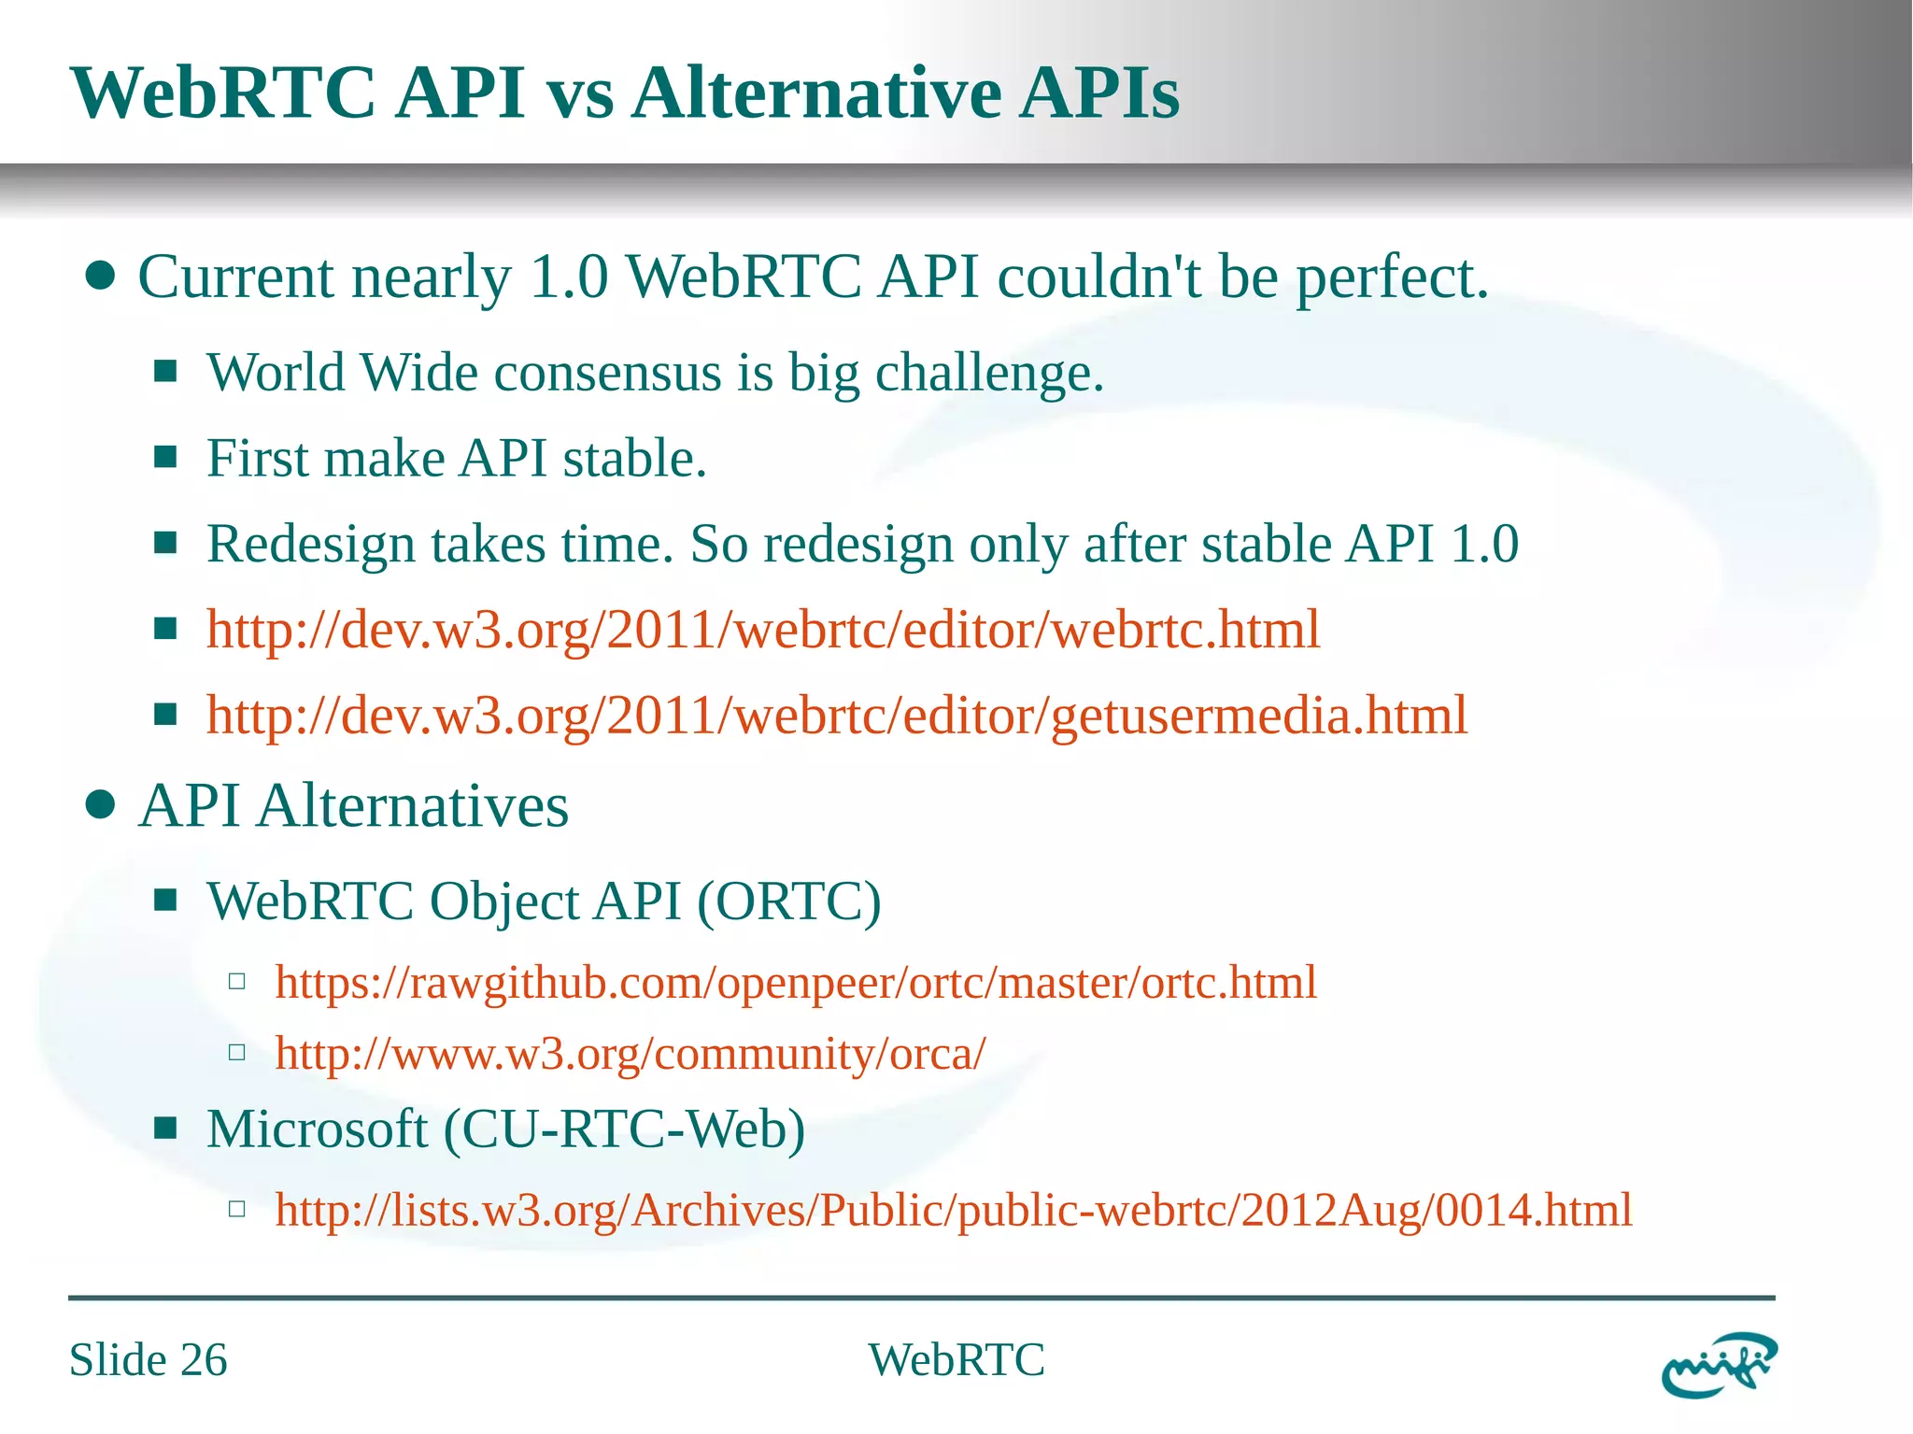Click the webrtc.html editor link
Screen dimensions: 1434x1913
762,630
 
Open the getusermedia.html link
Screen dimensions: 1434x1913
836,716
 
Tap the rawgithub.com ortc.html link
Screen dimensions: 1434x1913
795,983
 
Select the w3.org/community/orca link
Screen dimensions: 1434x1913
630,1054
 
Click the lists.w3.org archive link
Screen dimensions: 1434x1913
953,1210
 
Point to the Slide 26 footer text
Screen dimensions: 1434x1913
148,1359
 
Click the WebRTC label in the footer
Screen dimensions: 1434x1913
956,1359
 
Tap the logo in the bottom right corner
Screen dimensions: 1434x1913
1718,1365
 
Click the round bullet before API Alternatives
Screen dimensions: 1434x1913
100,804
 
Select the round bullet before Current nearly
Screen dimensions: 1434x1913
100,277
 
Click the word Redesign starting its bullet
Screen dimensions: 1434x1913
310,545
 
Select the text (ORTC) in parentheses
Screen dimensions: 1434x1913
789,902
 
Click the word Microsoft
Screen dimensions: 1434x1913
317,1129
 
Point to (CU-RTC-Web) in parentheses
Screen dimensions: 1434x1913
624,1129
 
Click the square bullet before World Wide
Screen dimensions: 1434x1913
166,372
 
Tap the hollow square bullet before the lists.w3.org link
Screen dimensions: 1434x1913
237,1209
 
